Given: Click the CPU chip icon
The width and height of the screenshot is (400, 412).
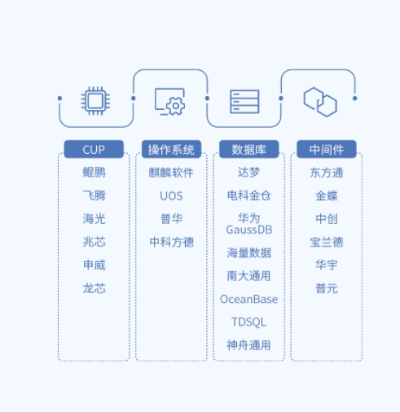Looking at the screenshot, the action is (95, 101).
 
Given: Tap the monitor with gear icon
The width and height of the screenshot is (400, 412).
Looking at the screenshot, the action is (170, 102).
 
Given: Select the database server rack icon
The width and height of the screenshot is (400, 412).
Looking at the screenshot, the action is (244, 102).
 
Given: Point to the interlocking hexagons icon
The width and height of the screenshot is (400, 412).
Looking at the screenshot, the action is (320, 102).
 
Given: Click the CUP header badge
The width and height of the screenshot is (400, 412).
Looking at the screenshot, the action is (94, 149).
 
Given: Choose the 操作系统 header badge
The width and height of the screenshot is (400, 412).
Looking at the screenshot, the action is (171, 149).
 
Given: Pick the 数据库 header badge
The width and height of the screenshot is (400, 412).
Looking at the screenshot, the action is (249, 149).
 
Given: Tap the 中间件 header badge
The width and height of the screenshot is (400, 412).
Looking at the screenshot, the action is (327, 149).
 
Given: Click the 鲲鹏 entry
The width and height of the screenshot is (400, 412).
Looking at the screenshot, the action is (94, 173).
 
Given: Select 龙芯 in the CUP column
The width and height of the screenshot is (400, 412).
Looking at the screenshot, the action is (94, 288).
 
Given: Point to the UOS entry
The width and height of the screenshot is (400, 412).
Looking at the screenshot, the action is (171, 195).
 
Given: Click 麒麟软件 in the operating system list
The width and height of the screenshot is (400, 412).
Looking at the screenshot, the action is (171, 173).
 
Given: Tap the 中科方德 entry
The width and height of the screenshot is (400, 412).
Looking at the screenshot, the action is (171, 242).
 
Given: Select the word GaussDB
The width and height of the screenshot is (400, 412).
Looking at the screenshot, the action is (249, 230).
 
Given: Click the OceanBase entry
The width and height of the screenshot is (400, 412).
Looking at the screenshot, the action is (248, 299).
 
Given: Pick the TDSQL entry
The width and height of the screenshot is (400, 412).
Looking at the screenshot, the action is (248, 322).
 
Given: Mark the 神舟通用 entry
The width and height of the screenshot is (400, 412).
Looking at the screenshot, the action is (248, 345).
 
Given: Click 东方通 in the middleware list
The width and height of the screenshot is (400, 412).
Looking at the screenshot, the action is (327, 173).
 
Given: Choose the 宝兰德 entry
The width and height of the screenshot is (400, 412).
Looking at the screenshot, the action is (327, 242).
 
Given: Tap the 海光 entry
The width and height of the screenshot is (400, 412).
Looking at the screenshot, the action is (94, 219).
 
